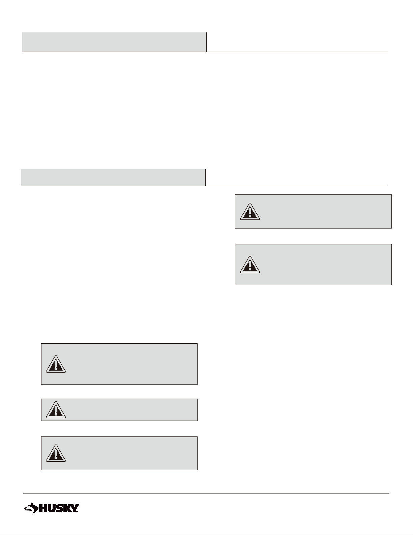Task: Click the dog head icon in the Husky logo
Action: (x=31, y=508)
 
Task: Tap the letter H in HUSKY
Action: (x=43, y=508)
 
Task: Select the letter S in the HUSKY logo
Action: (x=60, y=508)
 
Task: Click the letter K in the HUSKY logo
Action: (x=67, y=508)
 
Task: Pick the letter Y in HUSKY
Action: (x=75, y=508)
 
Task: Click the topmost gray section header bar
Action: (x=114, y=42)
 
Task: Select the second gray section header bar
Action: (x=113, y=177)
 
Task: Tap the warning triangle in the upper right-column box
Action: (x=250, y=212)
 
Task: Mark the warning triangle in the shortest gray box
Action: (x=56, y=410)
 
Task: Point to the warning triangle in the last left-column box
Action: (x=56, y=453)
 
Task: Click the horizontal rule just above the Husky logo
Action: (x=206, y=493)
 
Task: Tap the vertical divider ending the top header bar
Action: (x=206, y=42)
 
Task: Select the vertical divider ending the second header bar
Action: (x=205, y=177)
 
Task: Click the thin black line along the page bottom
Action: (x=206, y=534)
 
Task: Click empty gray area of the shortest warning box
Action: (x=135, y=410)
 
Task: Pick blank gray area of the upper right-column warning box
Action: (x=324, y=212)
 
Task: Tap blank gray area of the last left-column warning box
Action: (x=135, y=453)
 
